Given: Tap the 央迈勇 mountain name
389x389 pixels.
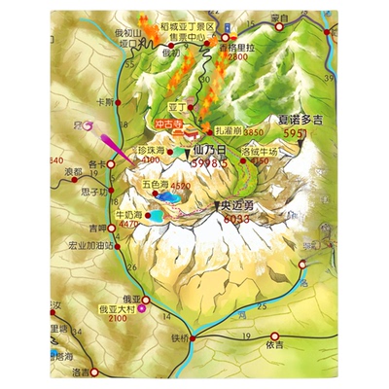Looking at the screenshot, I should [x=239, y=205].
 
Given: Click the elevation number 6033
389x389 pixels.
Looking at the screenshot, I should [x=237, y=219].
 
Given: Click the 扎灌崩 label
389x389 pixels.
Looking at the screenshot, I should [x=227, y=130].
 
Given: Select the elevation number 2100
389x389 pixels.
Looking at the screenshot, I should [x=117, y=318].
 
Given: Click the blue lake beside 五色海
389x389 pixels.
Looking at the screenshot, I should [x=168, y=199].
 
